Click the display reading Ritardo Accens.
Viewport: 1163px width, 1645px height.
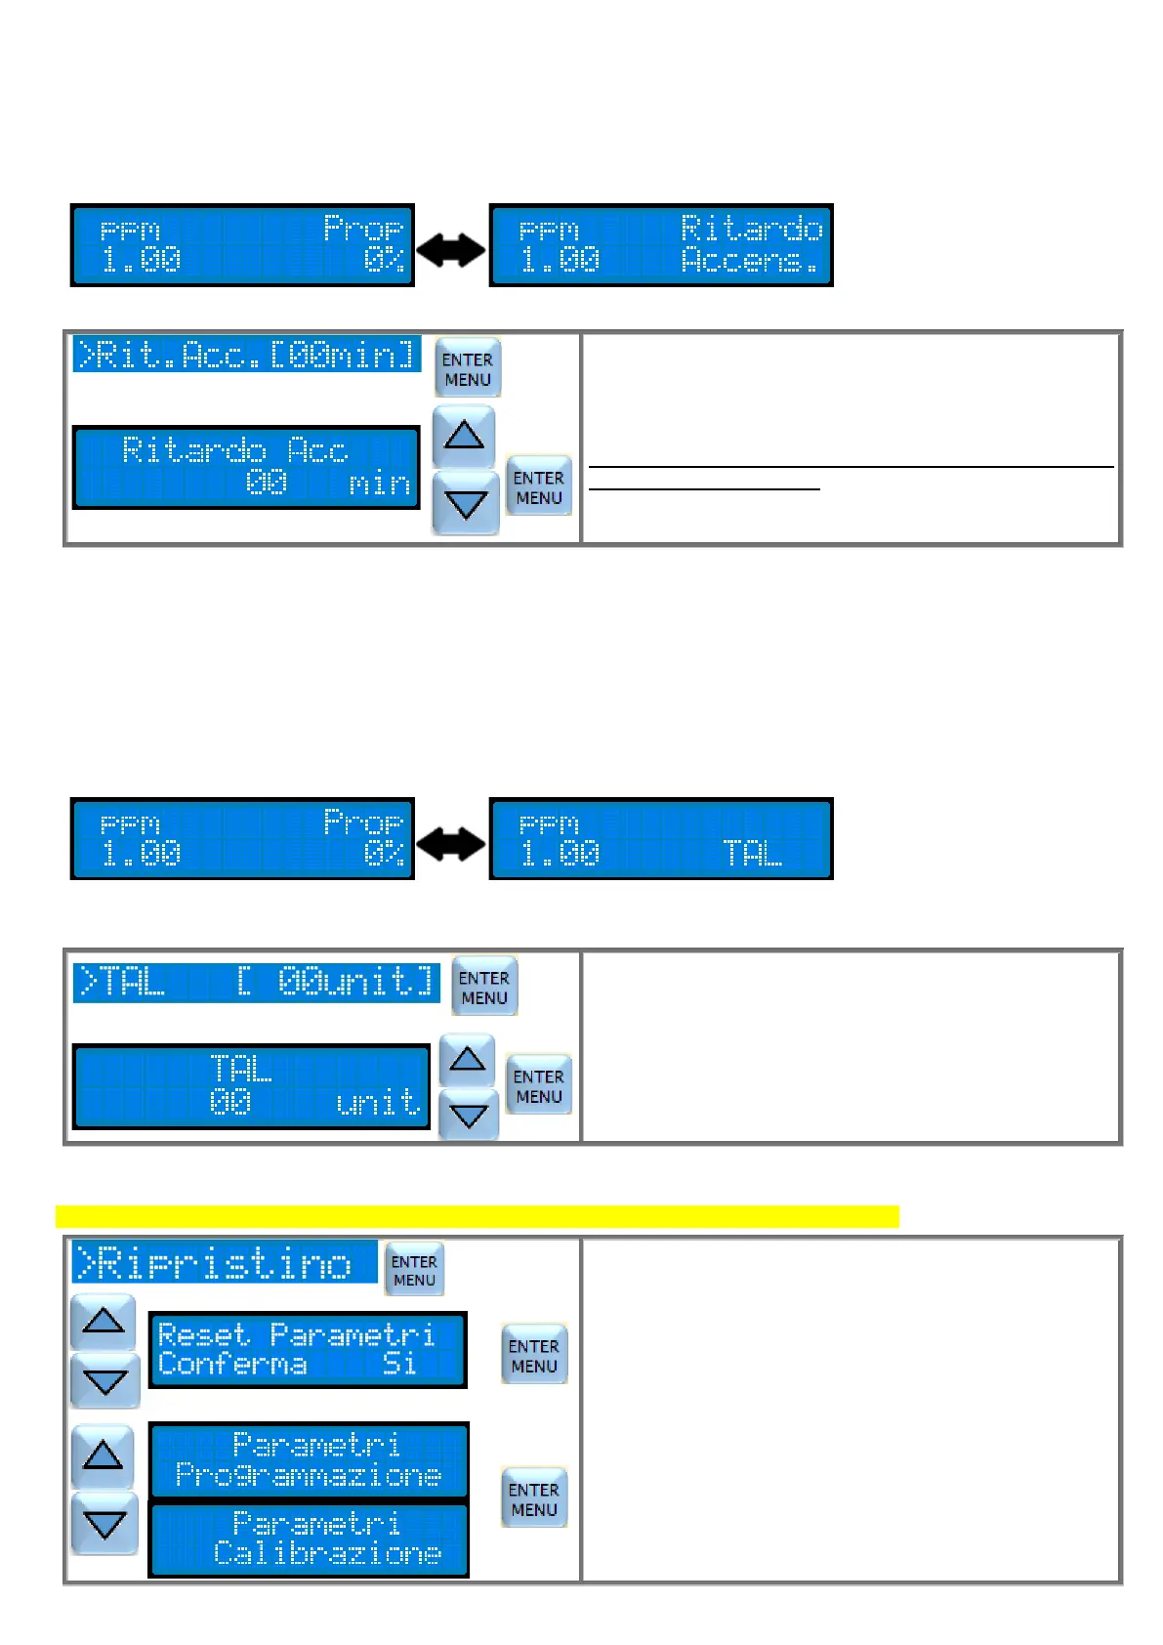pos(661,245)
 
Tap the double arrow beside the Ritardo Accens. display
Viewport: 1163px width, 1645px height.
pos(450,250)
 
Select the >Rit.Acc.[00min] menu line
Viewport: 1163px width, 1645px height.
pos(247,355)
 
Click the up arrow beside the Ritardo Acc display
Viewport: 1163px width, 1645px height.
pos(464,435)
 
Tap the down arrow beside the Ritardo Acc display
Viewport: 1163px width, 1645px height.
pos(465,504)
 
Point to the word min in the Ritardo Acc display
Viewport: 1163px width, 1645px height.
pos(379,484)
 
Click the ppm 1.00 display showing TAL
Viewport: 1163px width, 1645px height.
pos(661,839)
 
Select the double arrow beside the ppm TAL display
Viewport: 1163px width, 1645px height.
pos(450,844)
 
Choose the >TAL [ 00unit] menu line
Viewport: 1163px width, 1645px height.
pos(256,982)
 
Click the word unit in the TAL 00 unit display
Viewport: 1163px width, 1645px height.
pos(378,1103)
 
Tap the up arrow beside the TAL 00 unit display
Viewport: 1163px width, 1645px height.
pos(468,1060)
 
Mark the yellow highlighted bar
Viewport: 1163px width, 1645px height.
pos(477,1216)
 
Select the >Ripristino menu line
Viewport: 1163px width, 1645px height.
pos(225,1262)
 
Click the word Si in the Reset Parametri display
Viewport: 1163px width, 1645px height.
pos(399,1364)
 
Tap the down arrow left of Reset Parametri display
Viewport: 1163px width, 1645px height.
pos(104,1381)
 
